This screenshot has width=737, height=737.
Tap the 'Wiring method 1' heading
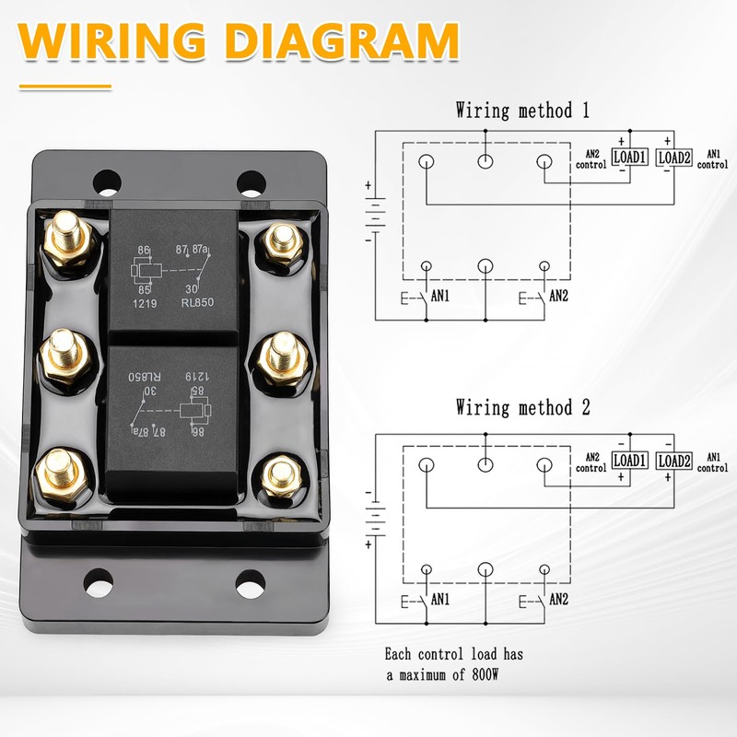pos(521,111)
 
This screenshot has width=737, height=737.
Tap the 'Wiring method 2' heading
pos(521,407)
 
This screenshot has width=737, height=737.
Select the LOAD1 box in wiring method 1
pos(630,158)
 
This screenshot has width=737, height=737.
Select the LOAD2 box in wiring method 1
pos(673,158)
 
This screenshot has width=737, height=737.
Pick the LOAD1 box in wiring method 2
pos(630,460)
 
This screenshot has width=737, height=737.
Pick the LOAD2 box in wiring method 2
pos(673,460)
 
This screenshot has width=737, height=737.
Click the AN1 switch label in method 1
pos(441,297)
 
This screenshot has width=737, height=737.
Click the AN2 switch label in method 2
pos(558,599)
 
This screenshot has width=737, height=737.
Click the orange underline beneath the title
pos(64,88)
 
